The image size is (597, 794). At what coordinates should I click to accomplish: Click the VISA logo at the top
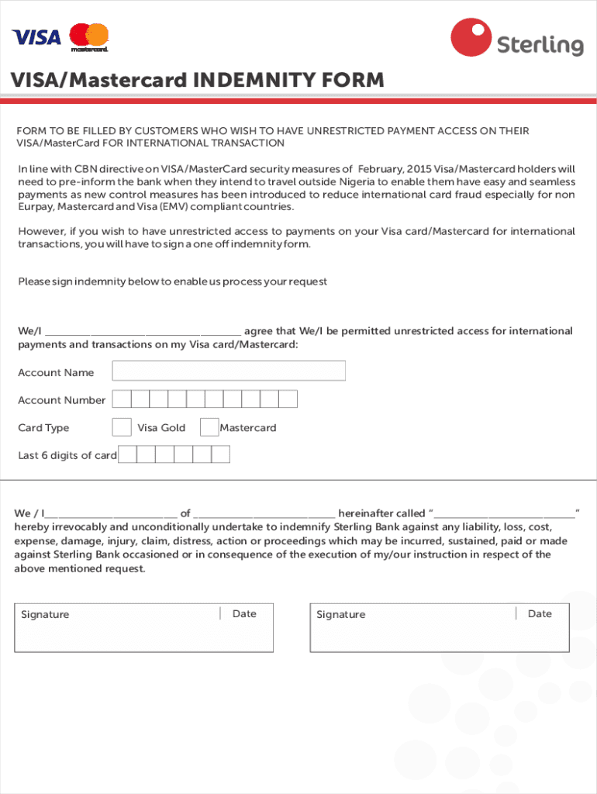pos(36,36)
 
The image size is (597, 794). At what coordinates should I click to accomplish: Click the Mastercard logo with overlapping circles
pos(89,36)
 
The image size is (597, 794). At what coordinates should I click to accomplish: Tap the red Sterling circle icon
pos(470,37)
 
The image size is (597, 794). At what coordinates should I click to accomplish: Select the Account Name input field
pos(229,371)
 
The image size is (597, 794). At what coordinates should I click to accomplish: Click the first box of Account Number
pos(121,399)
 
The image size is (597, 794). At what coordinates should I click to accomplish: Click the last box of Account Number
pos(288,399)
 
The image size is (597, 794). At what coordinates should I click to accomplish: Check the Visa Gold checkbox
pos(122,427)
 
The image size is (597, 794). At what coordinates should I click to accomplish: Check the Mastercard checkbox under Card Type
pos(209,427)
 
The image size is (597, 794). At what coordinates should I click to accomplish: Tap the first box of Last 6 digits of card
pos(128,454)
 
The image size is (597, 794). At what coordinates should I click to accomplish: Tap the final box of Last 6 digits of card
pos(221,454)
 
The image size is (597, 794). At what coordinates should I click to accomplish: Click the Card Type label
pos(43,428)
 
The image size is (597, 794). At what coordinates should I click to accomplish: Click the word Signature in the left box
pos(45,615)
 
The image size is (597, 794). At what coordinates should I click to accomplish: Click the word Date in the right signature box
pos(540,614)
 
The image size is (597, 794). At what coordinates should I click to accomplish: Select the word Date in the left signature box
pos(244,614)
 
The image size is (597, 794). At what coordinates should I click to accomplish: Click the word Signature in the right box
pos(340,615)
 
